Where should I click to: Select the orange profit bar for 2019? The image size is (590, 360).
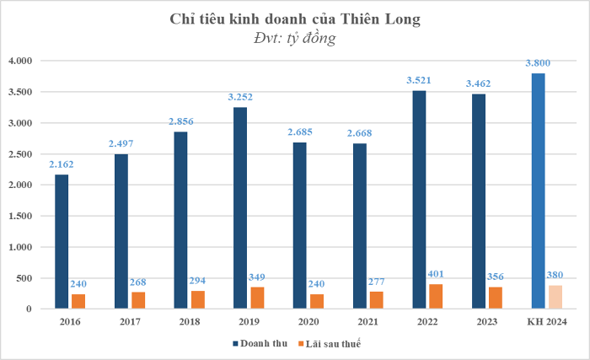[256, 298]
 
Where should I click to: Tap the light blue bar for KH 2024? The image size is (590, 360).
[539, 191]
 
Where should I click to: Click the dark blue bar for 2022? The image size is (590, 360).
[419, 200]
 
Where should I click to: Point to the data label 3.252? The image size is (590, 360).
[241, 98]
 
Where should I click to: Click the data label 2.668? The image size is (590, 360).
[359, 133]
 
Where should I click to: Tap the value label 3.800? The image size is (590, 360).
[539, 63]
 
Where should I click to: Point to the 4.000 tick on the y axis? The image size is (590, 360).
[19, 61]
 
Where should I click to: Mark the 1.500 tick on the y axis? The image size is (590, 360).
[19, 216]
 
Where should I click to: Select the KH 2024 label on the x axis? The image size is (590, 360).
[545, 321]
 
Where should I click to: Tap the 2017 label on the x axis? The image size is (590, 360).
[129, 321]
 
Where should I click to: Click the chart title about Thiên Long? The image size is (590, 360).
[294, 19]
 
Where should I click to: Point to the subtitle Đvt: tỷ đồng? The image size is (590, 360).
[294, 38]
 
